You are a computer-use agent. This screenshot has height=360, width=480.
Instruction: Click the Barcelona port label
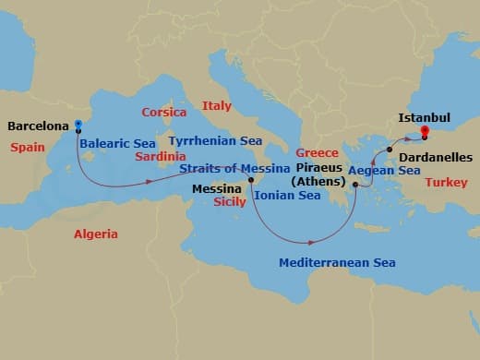point(36,126)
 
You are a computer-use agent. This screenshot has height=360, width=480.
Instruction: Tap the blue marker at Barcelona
point(78,125)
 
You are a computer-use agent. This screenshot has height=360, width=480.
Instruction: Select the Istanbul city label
point(424,118)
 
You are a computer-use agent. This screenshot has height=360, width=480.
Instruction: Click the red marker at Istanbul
point(426,132)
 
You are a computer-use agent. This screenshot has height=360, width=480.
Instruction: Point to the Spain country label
point(28,147)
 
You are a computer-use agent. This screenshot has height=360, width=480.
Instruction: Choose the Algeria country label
point(96,234)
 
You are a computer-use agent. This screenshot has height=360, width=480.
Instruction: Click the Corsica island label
point(164,113)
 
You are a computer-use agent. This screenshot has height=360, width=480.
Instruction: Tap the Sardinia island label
point(162,156)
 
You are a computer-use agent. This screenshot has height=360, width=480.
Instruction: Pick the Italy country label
point(216,106)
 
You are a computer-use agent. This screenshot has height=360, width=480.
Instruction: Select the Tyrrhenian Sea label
point(215,141)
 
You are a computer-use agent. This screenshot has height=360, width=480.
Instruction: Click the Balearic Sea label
point(117,144)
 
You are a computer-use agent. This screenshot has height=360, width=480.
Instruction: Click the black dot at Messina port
point(251,167)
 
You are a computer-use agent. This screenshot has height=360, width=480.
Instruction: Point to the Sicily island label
point(229,200)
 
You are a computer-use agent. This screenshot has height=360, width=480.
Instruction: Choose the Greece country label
point(317,152)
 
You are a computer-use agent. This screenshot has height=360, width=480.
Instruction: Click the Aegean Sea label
point(384,171)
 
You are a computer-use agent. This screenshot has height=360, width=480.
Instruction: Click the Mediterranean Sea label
point(337,263)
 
